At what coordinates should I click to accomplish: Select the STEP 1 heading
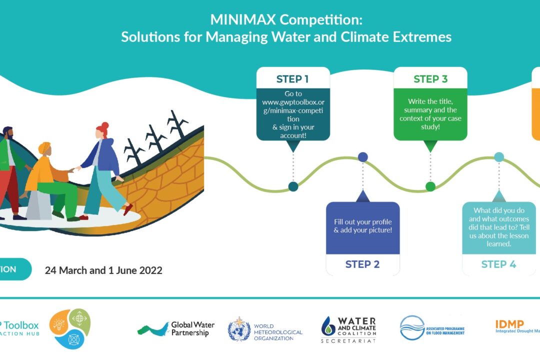(292, 79)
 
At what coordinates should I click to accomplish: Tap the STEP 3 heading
(430, 79)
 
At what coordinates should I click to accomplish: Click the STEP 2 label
(362, 264)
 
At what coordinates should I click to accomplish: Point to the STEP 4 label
(498, 264)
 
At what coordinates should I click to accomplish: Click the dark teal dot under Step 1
(293, 186)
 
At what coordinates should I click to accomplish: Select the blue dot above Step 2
(363, 157)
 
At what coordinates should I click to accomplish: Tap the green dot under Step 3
(430, 186)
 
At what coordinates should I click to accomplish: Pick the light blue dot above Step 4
(499, 157)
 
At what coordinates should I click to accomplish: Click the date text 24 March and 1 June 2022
(103, 270)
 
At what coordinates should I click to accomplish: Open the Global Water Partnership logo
(176, 328)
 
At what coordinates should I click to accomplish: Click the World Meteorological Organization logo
(265, 328)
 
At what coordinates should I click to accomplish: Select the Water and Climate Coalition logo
(349, 328)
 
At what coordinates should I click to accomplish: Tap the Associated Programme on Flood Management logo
(432, 328)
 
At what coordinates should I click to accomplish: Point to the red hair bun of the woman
(104, 125)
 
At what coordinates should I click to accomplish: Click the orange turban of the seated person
(44, 148)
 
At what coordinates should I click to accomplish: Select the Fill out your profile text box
(362, 226)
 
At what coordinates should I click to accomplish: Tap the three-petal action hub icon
(70, 328)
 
